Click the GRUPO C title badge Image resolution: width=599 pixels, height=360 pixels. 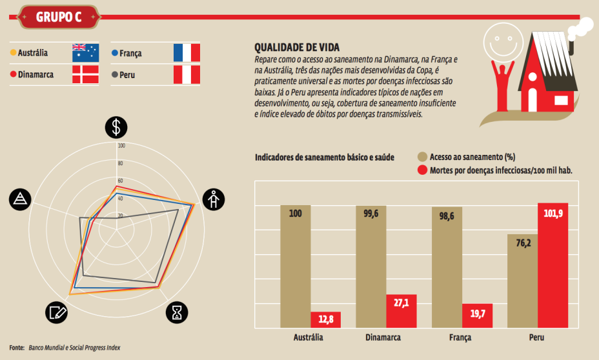pyautogui.click(x=58, y=17)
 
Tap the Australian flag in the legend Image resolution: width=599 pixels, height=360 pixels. pyautogui.click(x=85, y=52)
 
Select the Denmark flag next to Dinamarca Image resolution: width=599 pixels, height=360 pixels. pyautogui.click(x=85, y=74)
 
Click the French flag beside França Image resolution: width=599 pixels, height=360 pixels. pyautogui.click(x=187, y=52)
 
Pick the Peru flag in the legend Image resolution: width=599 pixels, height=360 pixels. pyautogui.click(x=187, y=74)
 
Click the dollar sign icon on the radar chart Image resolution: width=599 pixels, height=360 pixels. pyautogui.click(x=116, y=127)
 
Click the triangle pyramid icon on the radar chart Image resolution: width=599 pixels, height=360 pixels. pyautogui.click(x=21, y=199)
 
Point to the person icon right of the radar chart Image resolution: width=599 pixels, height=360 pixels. pyautogui.click(x=213, y=199)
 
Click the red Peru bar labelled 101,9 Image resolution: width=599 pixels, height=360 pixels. pyautogui.click(x=553, y=266)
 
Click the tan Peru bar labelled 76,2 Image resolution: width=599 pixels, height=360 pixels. pyautogui.click(x=522, y=281)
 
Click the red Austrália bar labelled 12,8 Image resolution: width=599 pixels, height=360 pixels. pyautogui.click(x=325, y=320)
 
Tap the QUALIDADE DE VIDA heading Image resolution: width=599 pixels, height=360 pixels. pyautogui.click(x=297, y=47)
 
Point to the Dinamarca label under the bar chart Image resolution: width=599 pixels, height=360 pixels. pyautogui.click(x=383, y=337)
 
